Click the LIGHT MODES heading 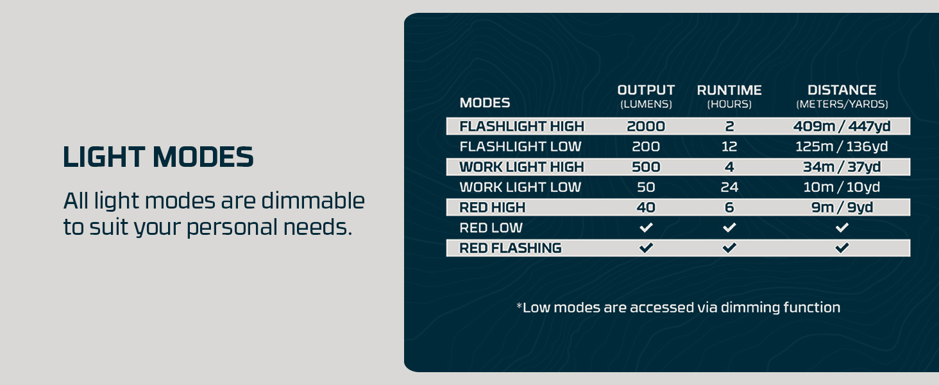pos(158,157)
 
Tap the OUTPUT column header pos(646,90)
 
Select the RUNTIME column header pos(729,90)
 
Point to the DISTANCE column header pos(842,90)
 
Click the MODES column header pos(485,103)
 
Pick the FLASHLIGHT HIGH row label pos(521,126)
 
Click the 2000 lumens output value pos(646,126)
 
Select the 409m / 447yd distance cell pos(842,126)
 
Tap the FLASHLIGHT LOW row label pos(520,146)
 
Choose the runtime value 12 pos(729,146)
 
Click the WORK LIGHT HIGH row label pos(521,167)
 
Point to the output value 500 pos(646,167)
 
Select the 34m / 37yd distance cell pos(842,167)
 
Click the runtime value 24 pos(729,187)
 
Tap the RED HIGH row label pos(492,207)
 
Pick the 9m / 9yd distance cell pos(842,207)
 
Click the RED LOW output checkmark pos(646,228)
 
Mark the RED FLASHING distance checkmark pos(842,248)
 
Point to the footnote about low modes pos(678,307)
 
